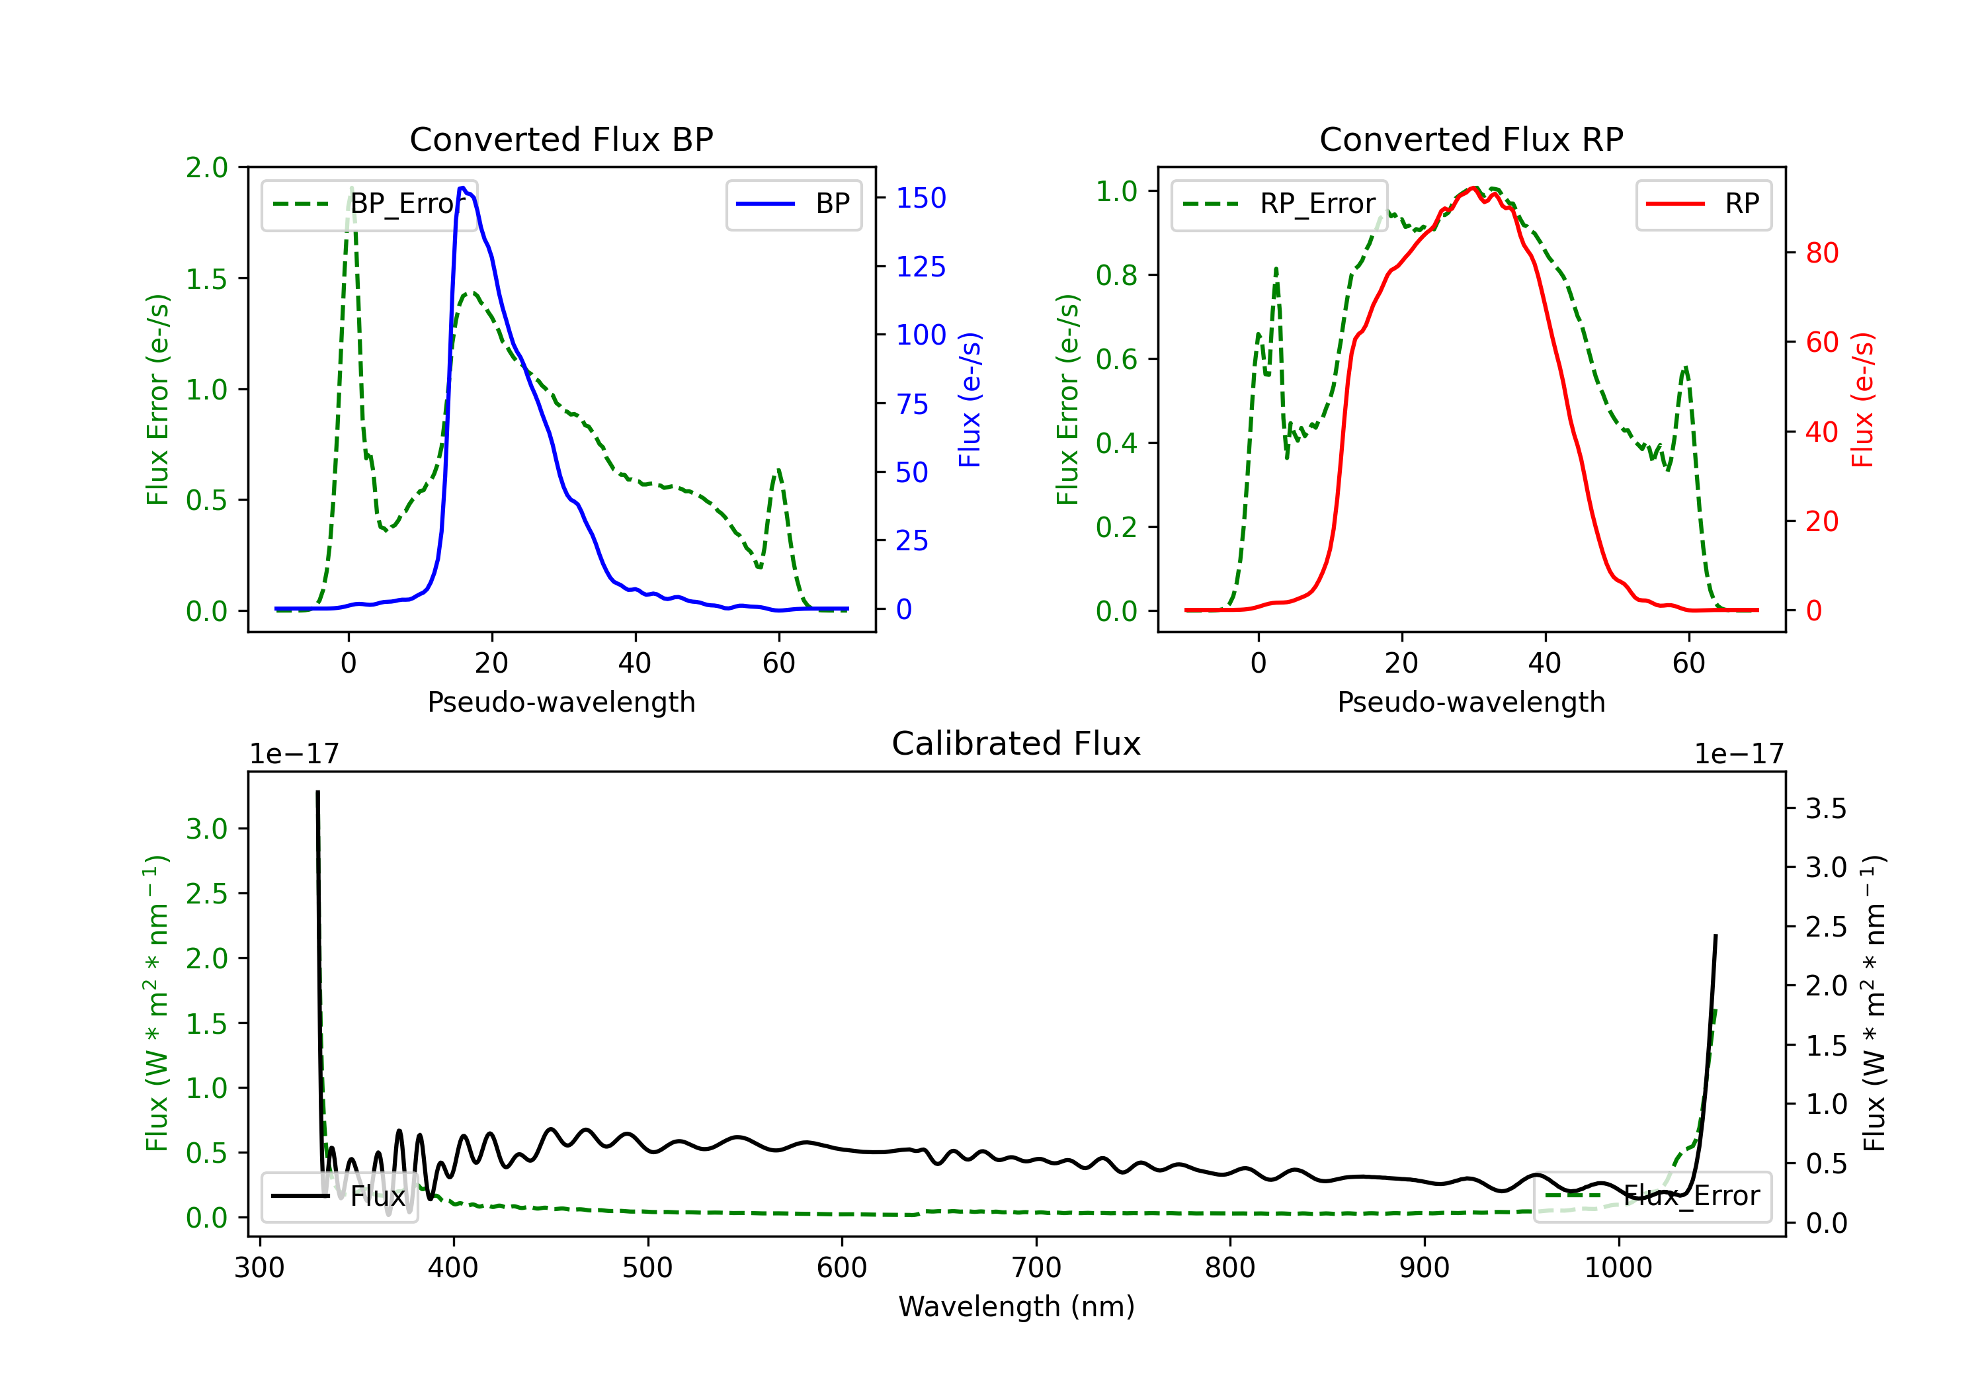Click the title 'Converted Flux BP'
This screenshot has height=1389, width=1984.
[x=561, y=139]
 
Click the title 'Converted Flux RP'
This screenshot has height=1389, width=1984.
[x=1471, y=139]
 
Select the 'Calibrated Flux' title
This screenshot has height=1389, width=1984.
[x=1016, y=743]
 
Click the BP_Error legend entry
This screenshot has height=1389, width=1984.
[x=369, y=204]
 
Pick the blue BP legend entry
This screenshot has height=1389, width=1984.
[x=793, y=204]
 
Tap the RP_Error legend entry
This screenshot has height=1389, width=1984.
[x=1279, y=204]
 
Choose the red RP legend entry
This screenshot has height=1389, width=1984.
[x=1703, y=204]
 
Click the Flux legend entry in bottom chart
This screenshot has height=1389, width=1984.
[x=339, y=1197]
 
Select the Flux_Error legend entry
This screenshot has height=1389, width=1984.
[x=1652, y=1197]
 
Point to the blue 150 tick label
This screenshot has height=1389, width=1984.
[x=921, y=198]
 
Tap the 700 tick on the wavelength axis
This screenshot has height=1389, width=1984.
[x=1036, y=1267]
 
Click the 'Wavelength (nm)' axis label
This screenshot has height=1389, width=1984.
[x=1016, y=1306]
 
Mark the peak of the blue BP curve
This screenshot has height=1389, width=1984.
[x=462, y=188]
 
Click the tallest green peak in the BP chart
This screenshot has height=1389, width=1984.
[x=351, y=188]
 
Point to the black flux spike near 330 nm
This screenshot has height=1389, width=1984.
[x=318, y=792]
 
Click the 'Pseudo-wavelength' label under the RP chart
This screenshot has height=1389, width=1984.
[x=1471, y=702]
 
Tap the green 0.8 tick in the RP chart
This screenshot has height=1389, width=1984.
[x=1116, y=275]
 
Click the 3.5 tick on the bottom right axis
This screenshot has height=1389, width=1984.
[x=1826, y=808]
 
